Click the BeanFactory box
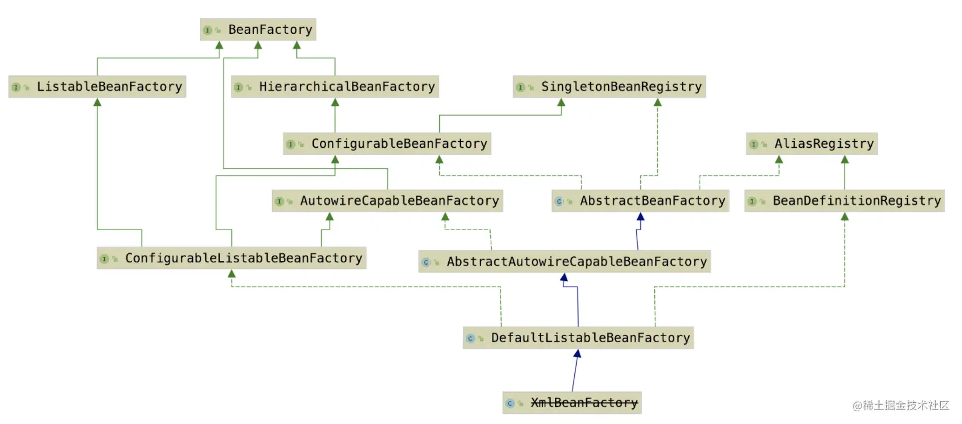[258, 30]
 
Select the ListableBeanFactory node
[98, 87]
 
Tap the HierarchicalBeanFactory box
[335, 87]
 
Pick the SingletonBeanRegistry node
[609, 87]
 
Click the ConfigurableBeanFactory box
[387, 144]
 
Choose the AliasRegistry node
[812, 144]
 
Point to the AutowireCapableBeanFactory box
[387, 201]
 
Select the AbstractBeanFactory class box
[640, 201]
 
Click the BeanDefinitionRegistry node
[844, 201]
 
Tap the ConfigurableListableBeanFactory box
[231, 258]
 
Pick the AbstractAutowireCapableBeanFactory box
[565, 262]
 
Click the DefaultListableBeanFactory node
[579, 338]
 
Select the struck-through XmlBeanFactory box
[572, 403]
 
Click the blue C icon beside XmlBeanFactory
[509, 403]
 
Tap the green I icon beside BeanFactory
[207, 30]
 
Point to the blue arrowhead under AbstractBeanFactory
[640, 216]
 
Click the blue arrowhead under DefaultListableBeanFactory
[578, 354]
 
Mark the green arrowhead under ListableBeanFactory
[98, 102]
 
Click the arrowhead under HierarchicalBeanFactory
[335, 102]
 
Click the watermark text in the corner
[901, 406]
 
